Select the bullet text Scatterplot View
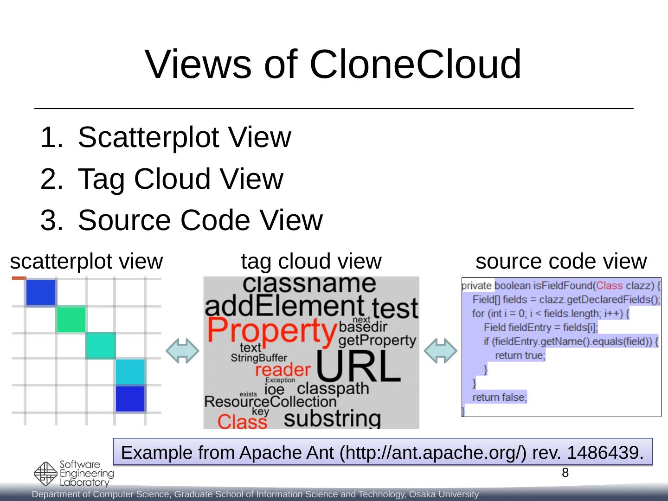coord(184,137)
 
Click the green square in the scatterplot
coord(71,320)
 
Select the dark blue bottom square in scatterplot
coord(130,398)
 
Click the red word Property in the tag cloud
coord(272,330)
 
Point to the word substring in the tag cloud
coord(332,418)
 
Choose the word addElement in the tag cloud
coord(284,307)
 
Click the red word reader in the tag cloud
coord(283,370)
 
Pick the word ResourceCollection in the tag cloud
coord(270,401)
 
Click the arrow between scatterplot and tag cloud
coord(183,351)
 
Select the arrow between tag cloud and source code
coord(441,351)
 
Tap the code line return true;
coord(520,356)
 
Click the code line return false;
coord(500,398)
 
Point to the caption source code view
coord(561,262)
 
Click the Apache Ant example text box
coord(382,452)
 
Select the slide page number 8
coord(565,473)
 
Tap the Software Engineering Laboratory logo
coord(74,474)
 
